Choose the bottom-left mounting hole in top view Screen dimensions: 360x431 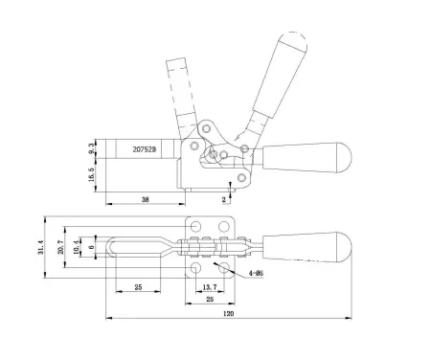pyautogui.click(x=197, y=269)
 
